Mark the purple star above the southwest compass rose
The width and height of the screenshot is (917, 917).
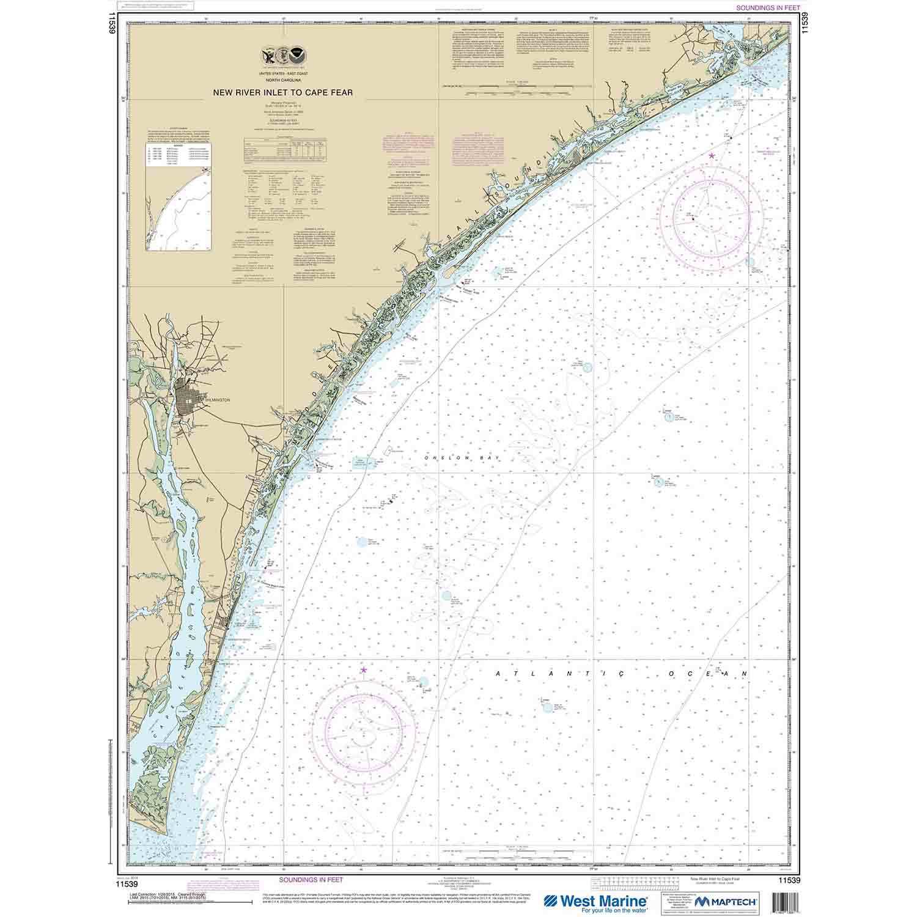[364, 671]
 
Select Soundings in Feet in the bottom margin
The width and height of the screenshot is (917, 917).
[311, 879]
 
